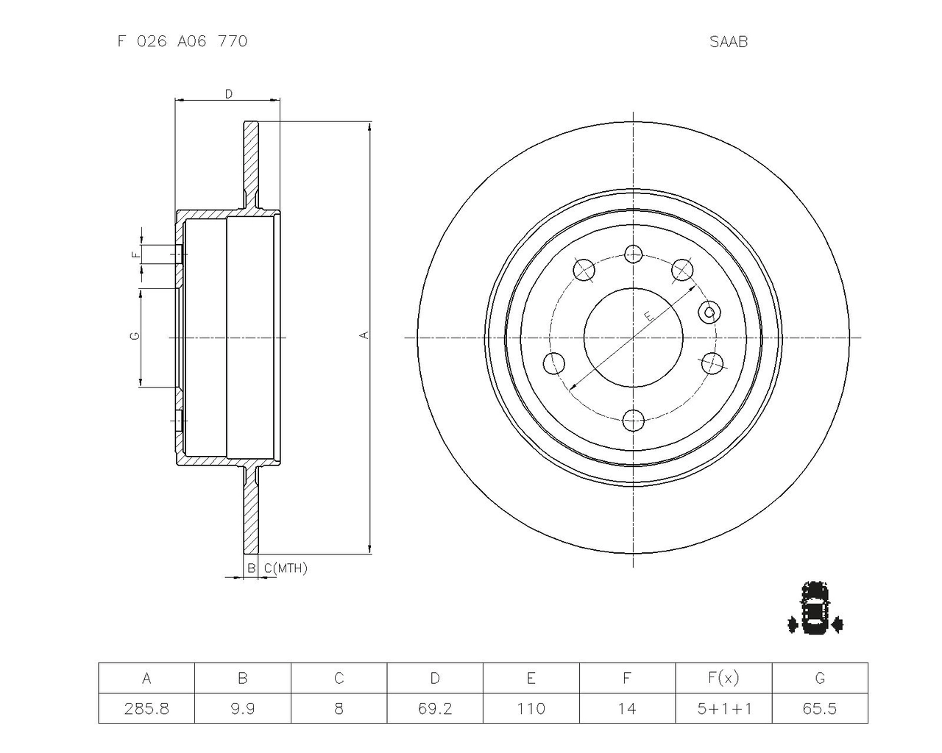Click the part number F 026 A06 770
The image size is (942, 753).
[183, 41]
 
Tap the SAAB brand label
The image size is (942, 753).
[729, 42]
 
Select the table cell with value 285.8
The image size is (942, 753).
[146, 708]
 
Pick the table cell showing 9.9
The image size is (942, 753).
[243, 708]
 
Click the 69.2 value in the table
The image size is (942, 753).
[435, 708]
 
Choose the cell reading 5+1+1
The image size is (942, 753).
[724, 708]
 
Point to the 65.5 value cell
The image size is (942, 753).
[820, 708]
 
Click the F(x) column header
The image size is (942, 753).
[724, 678]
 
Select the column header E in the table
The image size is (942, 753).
[531, 678]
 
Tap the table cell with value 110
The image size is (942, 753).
[531, 708]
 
